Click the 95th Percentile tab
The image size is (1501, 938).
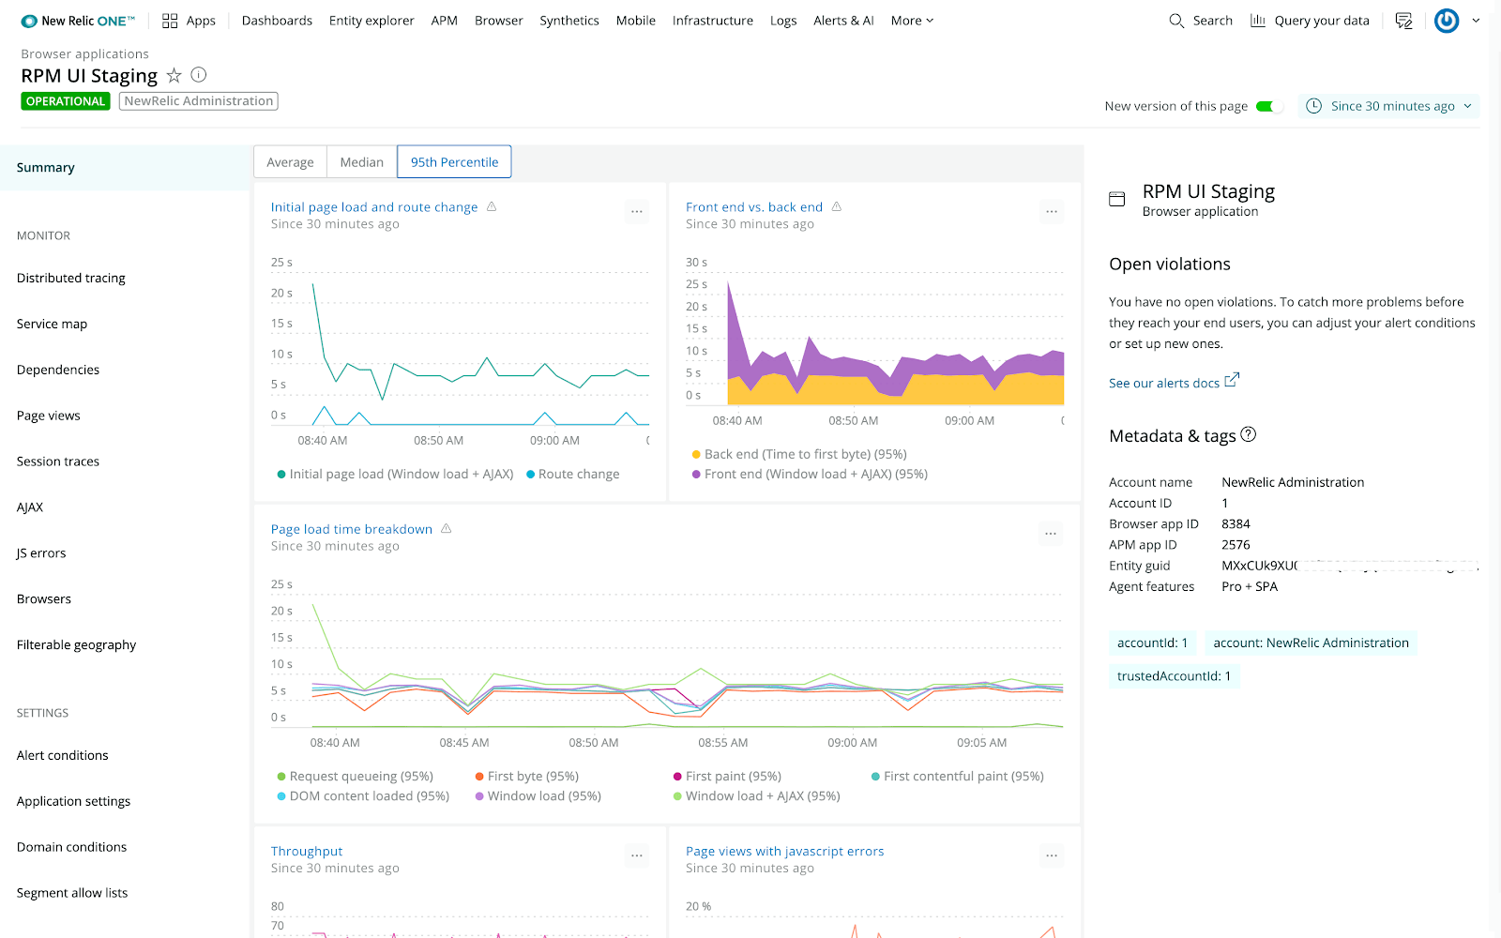point(454,162)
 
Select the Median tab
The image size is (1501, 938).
point(361,162)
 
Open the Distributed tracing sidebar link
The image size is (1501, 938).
point(71,279)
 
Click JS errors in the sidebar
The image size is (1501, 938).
point(41,553)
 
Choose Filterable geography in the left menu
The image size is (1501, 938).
point(76,645)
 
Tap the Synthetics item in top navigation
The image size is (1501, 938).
point(569,21)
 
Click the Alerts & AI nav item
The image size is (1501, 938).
point(843,21)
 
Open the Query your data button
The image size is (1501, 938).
point(1310,21)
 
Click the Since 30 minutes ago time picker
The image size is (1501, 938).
point(1389,106)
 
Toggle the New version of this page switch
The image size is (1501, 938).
point(1268,106)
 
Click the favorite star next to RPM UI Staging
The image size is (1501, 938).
point(174,76)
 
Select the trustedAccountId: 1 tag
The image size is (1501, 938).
point(1174,676)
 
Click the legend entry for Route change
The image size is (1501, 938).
point(578,475)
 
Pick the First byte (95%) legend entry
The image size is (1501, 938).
point(532,777)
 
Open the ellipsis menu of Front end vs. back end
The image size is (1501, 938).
point(1051,212)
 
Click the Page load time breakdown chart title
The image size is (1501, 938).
point(352,530)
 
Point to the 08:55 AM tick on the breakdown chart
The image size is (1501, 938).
point(722,743)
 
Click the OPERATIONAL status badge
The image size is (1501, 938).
point(66,101)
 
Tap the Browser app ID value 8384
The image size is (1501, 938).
point(1236,524)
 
